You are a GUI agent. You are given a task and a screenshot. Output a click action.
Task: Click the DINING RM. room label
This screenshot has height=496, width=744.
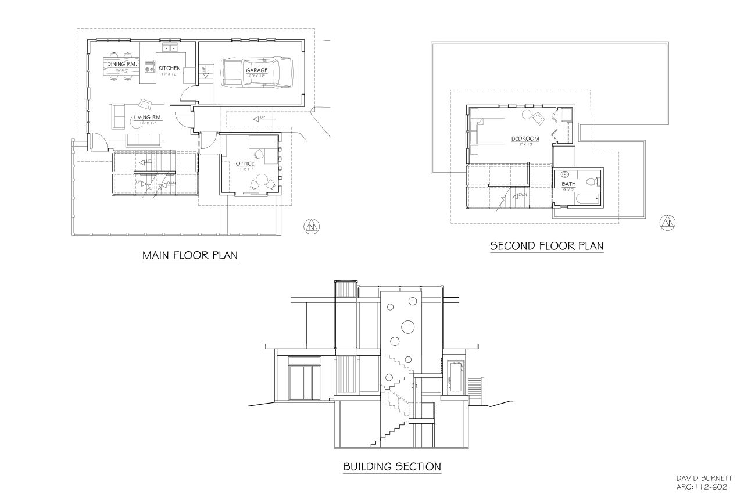tap(121, 64)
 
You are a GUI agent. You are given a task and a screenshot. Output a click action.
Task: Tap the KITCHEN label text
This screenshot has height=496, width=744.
tap(170, 69)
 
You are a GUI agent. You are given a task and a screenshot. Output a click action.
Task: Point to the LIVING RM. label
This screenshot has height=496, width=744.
tap(147, 117)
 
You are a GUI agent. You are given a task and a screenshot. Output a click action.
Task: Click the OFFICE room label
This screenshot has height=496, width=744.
tap(245, 164)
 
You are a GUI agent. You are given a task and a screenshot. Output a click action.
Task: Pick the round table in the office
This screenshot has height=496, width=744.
tap(262, 180)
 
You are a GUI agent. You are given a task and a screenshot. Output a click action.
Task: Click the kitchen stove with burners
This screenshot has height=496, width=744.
tap(149, 65)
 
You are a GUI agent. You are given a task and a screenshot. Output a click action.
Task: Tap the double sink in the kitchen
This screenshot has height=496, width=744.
tap(170, 48)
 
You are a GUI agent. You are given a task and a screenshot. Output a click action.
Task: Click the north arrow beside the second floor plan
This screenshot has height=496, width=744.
tap(667, 221)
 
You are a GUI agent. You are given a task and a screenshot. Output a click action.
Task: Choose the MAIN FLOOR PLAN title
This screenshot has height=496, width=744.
tap(190, 256)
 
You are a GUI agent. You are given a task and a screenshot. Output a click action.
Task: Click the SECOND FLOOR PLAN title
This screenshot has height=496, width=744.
tap(547, 246)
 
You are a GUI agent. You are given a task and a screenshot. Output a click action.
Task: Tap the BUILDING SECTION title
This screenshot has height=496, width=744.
tap(391, 466)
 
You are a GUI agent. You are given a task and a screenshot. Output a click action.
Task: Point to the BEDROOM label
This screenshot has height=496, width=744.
tap(525, 138)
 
